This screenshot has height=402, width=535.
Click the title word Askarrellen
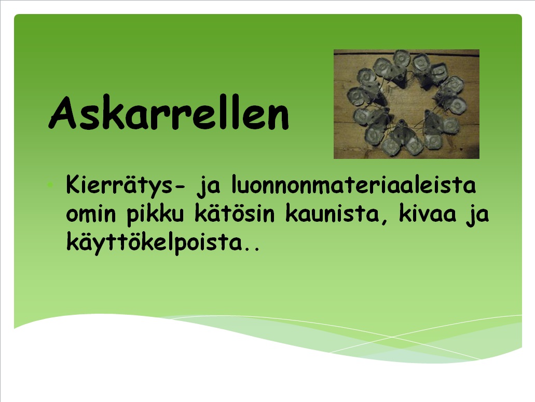point(169,112)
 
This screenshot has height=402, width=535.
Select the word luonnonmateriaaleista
point(354,184)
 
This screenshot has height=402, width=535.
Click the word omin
point(91,214)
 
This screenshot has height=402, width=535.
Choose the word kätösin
point(235,213)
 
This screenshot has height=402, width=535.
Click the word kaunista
point(332,213)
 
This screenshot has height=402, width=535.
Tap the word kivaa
point(428,213)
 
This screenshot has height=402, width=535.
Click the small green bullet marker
point(50,185)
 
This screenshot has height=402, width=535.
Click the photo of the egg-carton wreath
point(406,104)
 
